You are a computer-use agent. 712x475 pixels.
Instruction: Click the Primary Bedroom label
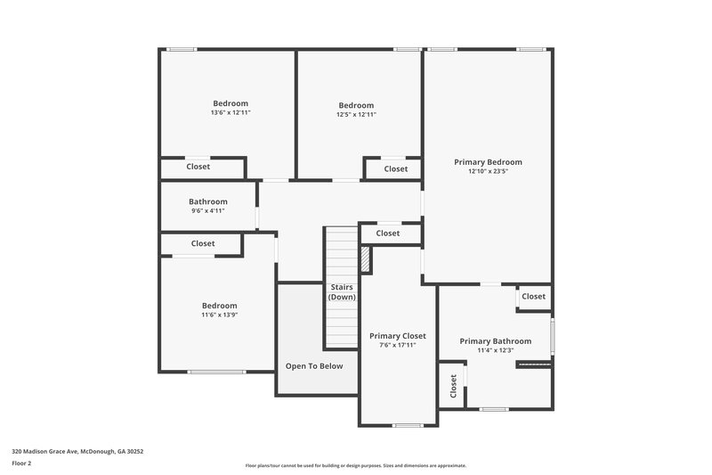488,162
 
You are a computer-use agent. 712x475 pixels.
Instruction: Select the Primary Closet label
397,336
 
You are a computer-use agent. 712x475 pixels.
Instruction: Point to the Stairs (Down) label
342,291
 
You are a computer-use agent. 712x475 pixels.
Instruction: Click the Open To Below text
314,366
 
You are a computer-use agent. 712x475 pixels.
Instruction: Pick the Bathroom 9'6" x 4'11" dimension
207,211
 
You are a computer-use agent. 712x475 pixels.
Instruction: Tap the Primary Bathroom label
496,341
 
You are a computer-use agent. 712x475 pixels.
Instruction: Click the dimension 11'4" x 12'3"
496,350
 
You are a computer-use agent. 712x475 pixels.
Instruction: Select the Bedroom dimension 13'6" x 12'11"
230,113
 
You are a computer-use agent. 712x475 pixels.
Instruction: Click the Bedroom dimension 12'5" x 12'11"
356,114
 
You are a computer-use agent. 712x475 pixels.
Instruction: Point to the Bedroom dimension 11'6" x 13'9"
219,315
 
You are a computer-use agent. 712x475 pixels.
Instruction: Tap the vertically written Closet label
453,386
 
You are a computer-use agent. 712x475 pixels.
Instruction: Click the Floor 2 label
21,463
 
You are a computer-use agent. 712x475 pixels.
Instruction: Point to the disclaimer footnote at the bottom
355,465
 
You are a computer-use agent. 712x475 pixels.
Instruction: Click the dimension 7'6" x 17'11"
397,345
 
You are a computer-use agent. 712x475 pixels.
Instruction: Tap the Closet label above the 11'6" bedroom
203,243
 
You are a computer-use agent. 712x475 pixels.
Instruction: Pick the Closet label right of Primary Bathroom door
533,297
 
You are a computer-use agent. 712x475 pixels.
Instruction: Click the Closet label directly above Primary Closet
388,233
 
